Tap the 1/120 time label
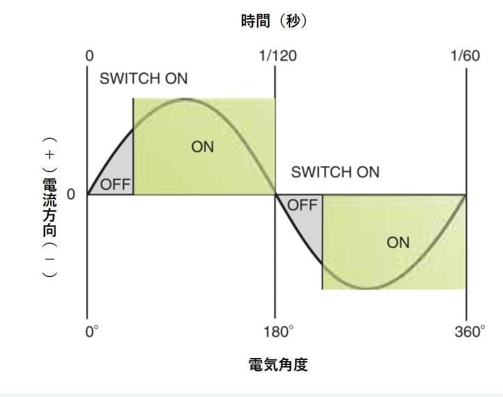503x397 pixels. pyautogui.click(x=278, y=55)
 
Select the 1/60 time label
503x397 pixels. pyautogui.click(x=465, y=55)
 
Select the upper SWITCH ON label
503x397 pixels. pyautogui.click(x=144, y=79)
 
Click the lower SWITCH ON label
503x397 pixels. pyautogui.click(x=335, y=171)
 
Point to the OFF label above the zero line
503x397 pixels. pyautogui.click(x=115, y=185)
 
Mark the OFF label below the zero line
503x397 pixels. pyautogui.click(x=302, y=205)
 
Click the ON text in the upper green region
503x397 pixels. pyautogui.click(x=202, y=147)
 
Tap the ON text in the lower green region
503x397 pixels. pyautogui.click(x=398, y=242)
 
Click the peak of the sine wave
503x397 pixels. pyautogui.click(x=183, y=99)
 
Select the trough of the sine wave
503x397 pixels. pyautogui.click(x=370, y=289)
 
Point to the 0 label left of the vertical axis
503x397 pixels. pyautogui.click(x=71, y=195)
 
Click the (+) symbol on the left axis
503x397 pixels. pyautogui.click(x=49, y=155)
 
